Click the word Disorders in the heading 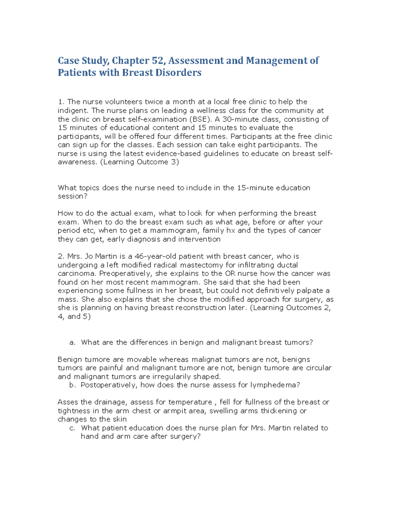178,72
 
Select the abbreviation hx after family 231,230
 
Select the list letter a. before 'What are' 72,342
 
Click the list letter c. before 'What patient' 72,428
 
